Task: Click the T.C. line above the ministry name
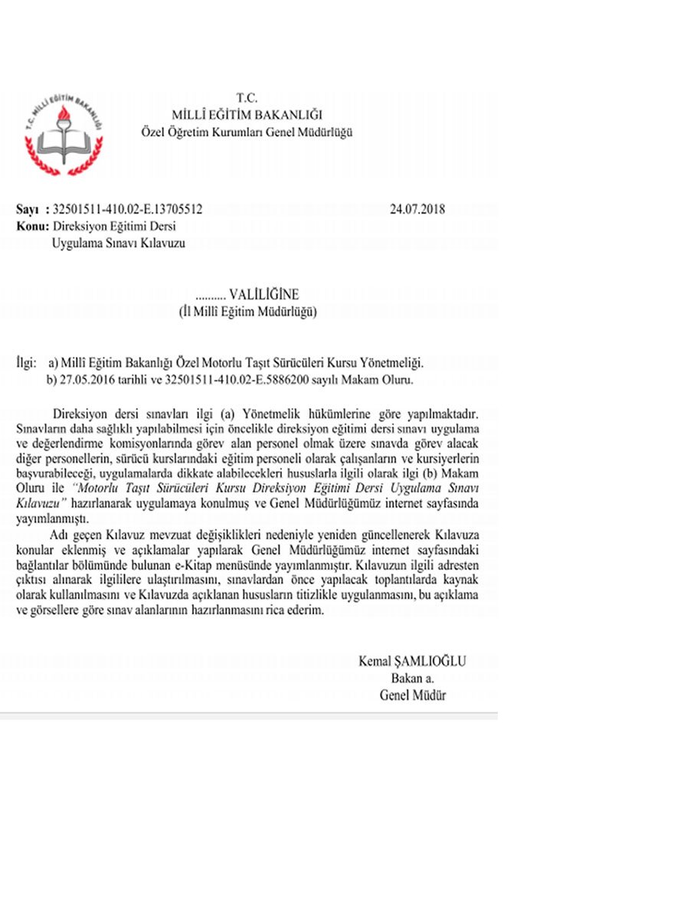click(x=247, y=99)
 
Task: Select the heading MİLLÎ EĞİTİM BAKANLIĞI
click(x=247, y=116)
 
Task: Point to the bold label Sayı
click(x=28, y=208)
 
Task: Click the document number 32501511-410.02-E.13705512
click(x=128, y=208)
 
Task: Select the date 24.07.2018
click(x=417, y=208)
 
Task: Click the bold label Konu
click(x=30, y=227)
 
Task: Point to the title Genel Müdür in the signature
click(x=412, y=695)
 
